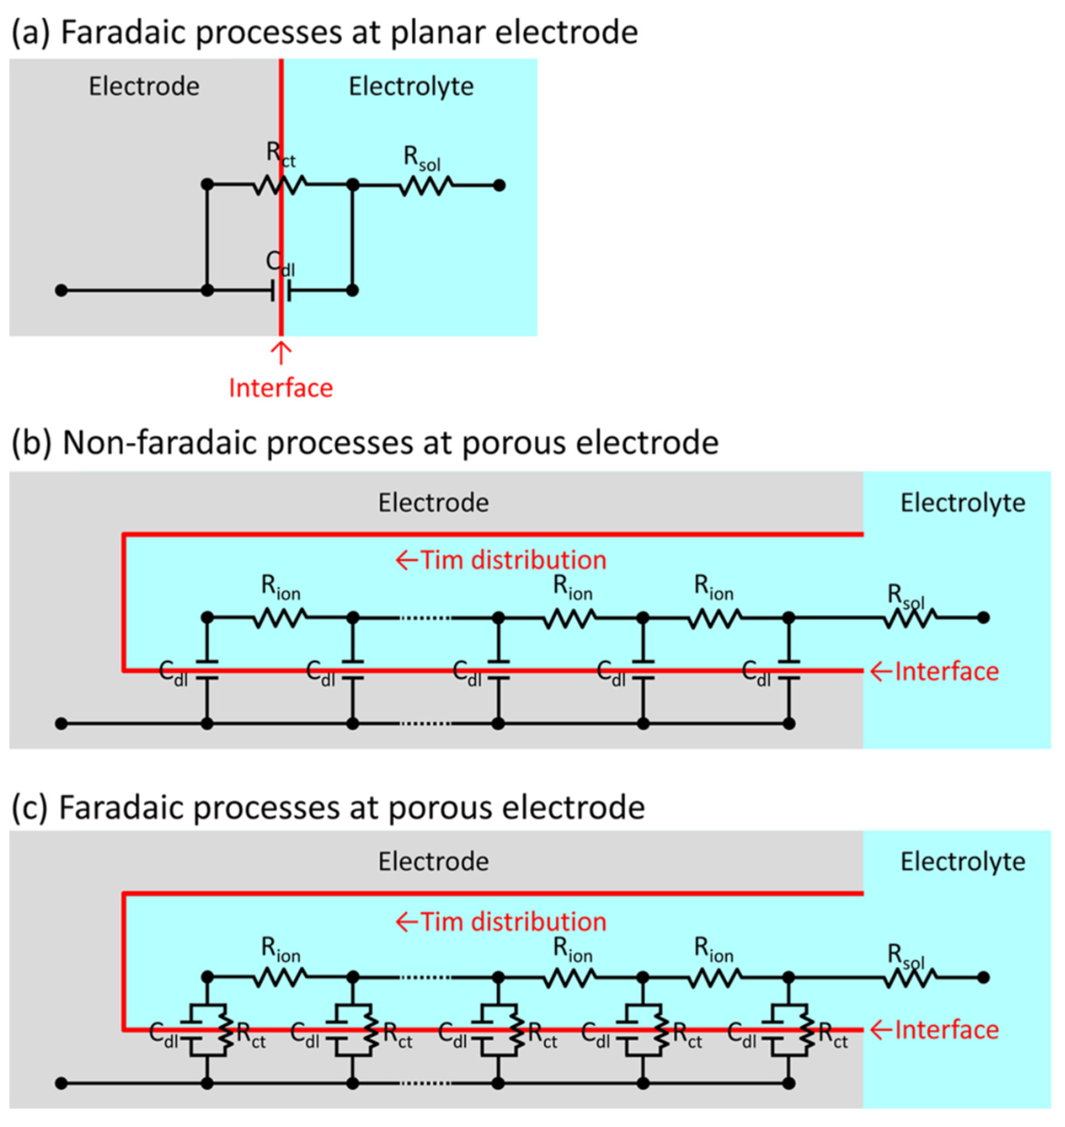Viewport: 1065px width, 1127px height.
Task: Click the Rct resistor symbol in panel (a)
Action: pos(280,185)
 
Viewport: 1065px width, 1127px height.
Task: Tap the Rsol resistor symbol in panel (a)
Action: pos(426,185)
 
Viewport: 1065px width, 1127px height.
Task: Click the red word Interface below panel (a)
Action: pos(280,388)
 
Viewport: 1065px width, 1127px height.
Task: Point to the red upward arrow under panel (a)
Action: pos(280,352)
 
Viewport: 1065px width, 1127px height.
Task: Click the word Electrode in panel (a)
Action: pos(144,86)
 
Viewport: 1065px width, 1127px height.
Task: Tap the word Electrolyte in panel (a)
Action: pos(411,86)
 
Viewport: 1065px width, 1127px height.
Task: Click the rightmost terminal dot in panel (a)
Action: pos(499,185)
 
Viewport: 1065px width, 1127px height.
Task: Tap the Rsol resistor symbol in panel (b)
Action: pos(909,617)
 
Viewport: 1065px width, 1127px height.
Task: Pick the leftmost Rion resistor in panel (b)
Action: pos(280,617)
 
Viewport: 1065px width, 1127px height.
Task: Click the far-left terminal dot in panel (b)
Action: pos(61,724)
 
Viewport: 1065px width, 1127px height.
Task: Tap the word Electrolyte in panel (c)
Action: pos(963,862)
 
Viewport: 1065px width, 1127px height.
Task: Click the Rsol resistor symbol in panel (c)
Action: pos(909,978)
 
